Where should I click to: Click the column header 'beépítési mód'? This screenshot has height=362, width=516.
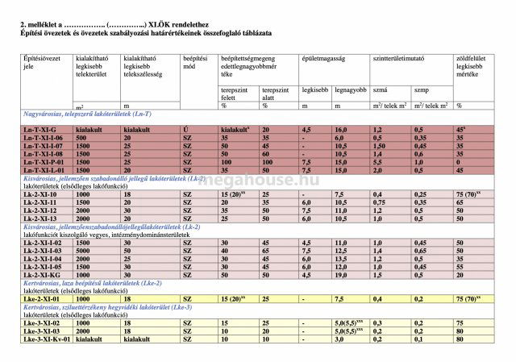[196, 64]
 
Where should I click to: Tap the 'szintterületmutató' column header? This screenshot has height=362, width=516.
[398, 60]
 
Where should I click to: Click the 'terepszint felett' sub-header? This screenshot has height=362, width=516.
[234, 92]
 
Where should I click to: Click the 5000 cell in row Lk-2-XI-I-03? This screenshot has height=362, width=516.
[83, 251]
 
